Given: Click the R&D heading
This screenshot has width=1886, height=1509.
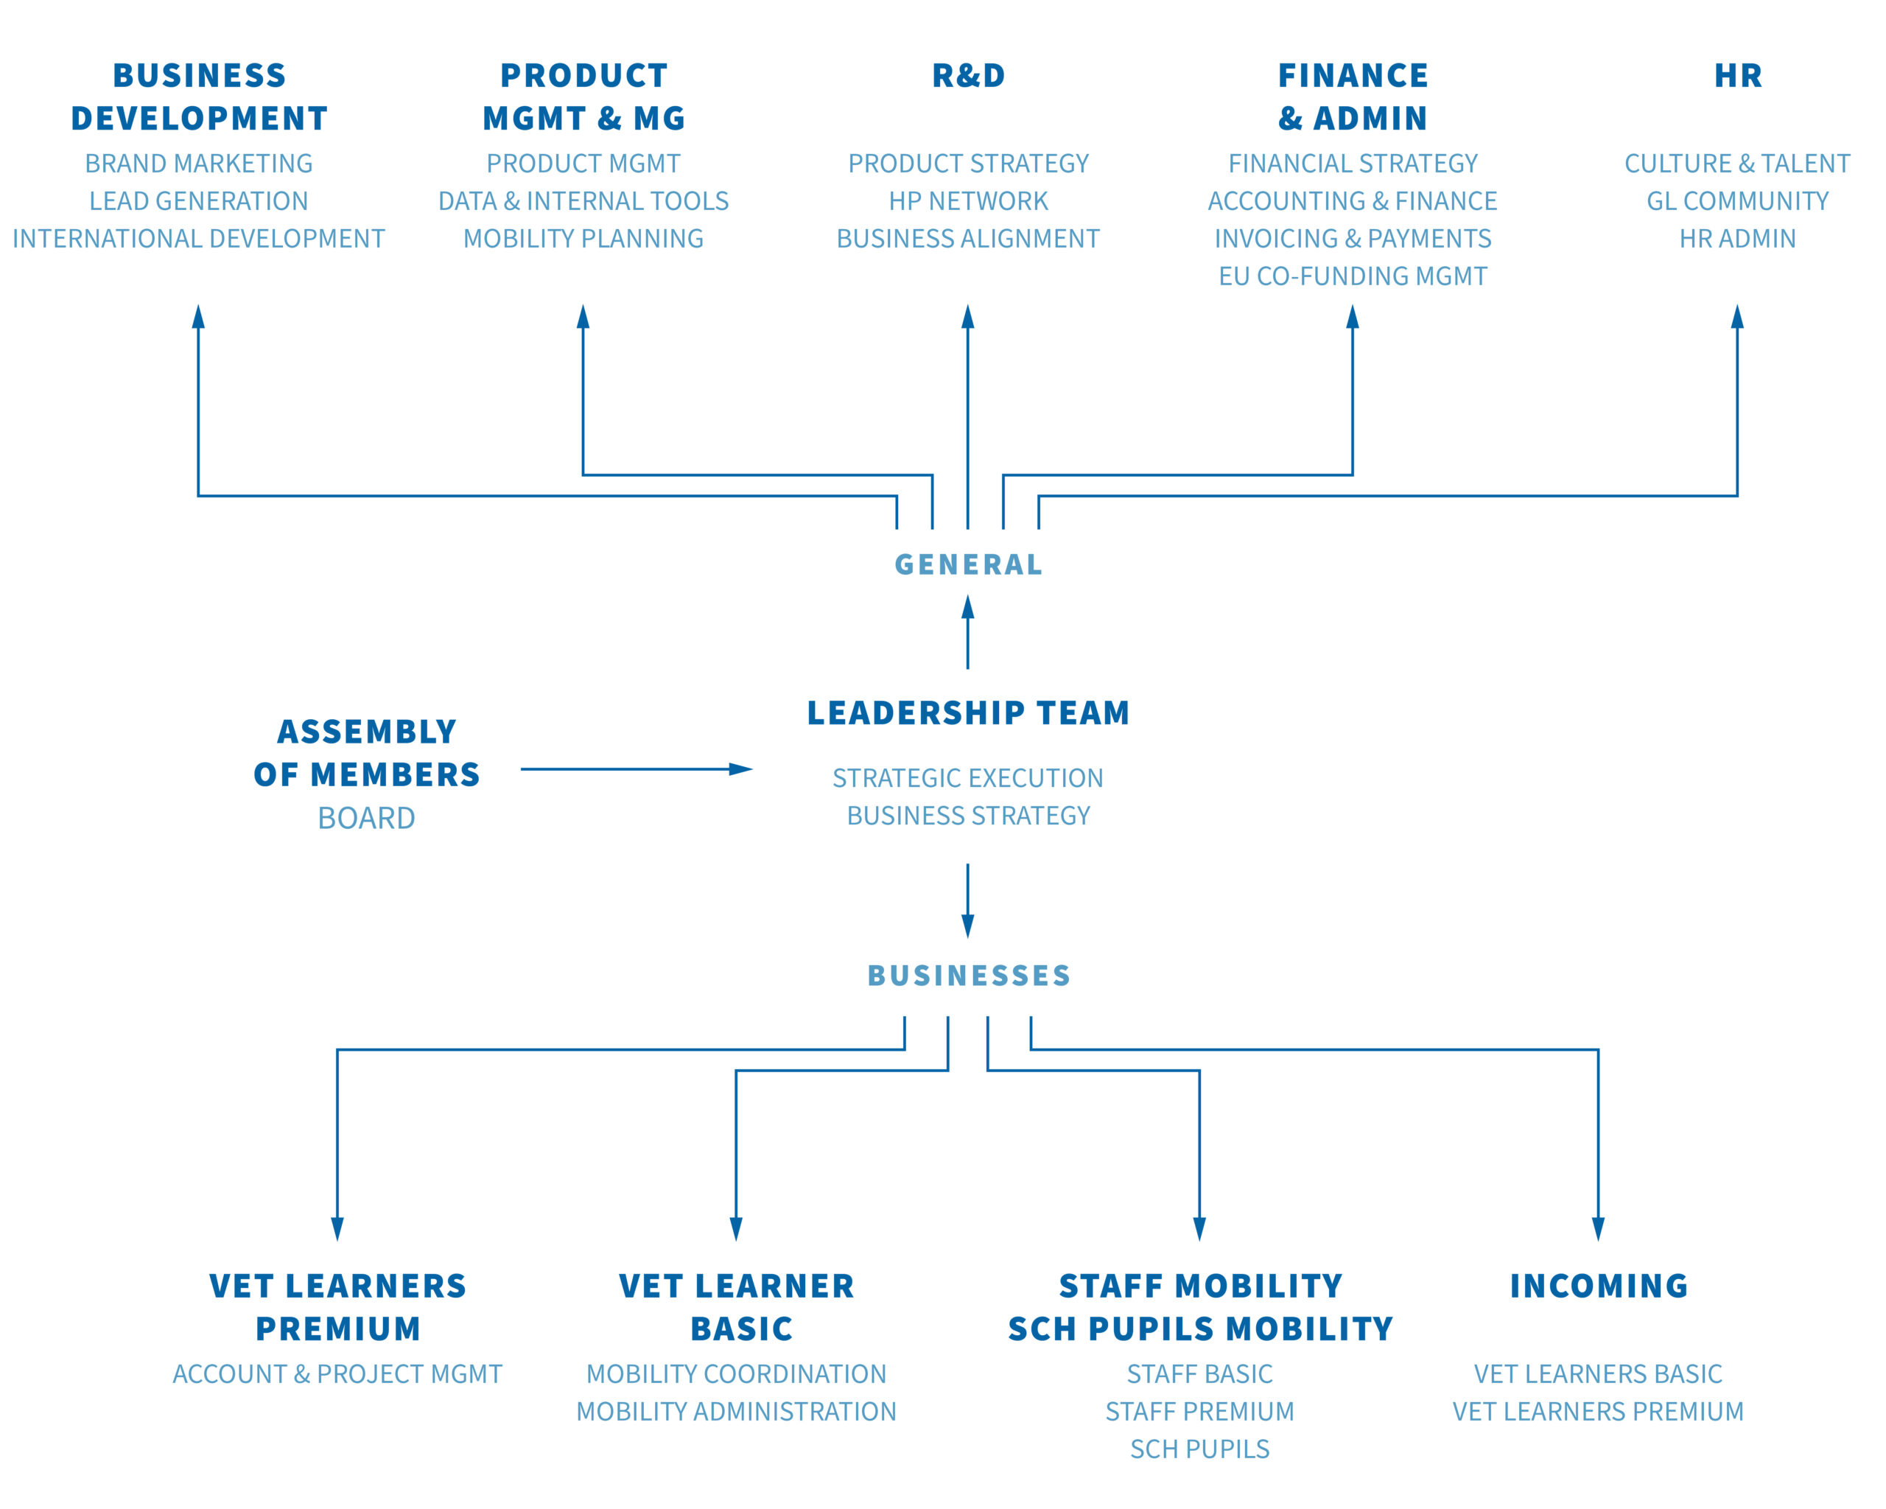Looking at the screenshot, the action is tap(968, 76).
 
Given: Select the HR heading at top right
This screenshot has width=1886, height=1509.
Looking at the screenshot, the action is tap(1738, 76).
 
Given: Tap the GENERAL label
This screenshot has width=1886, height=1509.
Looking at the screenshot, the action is tap(968, 564).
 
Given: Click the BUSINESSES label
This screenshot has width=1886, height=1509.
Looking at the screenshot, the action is tap(968, 976).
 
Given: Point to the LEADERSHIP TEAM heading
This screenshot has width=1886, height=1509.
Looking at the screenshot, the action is tap(968, 713).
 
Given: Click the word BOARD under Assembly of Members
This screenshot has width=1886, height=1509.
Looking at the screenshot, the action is tap(367, 818).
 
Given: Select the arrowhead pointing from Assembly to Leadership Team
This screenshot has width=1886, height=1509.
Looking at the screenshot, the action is tap(741, 770).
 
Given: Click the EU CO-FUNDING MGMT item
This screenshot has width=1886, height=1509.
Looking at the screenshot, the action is tap(1353, 276).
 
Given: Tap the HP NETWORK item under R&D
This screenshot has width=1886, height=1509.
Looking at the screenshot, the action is tap(968, 201).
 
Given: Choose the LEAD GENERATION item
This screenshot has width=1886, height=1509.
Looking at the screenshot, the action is tap(199, 201).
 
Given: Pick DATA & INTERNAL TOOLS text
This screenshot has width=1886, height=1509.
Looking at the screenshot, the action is tap(583, 201).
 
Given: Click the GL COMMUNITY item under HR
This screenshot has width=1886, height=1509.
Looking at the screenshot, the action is tap(1738, 201).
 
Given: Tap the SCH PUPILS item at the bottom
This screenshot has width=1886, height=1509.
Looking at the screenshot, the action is tap(1200, 1449).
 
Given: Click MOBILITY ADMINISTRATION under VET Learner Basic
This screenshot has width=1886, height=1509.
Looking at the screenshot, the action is tap(737, 1412).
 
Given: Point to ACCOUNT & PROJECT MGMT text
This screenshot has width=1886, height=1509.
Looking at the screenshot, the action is tap(337, 1374).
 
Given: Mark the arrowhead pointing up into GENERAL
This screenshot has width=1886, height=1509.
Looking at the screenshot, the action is tap(967, 607).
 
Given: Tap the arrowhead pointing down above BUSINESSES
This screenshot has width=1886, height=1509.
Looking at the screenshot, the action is tap(967, 926).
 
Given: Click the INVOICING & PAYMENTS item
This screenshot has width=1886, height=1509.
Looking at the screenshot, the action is tap(1353, 239).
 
